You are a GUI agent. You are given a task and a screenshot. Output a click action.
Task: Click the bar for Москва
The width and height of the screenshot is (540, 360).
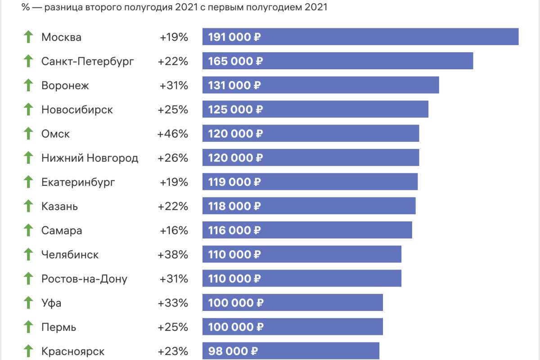(x=360, y=37)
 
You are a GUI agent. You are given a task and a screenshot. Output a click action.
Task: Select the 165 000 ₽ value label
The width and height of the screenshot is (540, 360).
(x=235, y=61)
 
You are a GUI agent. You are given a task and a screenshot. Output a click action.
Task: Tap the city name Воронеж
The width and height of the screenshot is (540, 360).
(x=65, y=85)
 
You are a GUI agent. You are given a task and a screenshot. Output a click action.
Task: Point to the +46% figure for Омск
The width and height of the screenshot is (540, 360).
(x=172, y=134)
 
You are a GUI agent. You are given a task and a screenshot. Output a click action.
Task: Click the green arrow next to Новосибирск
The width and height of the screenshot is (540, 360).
(x=28, y=109)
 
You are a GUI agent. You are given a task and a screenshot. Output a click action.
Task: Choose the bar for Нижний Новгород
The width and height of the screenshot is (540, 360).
(x=310, y=158)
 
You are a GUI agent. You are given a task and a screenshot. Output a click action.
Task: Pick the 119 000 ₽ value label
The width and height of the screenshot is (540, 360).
(x=234, y=182)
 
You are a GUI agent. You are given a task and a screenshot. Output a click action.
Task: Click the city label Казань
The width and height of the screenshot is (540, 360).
(x=59, y=207)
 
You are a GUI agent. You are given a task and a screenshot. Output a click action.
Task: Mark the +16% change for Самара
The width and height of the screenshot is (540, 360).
(x=173, y=231)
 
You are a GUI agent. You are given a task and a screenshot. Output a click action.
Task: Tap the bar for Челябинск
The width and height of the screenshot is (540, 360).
(x=301, y=255)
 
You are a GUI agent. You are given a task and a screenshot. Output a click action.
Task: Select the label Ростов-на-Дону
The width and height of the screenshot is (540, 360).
(x=84, y=279)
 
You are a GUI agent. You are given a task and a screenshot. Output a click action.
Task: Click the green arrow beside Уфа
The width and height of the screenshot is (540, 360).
(x=28, y=303)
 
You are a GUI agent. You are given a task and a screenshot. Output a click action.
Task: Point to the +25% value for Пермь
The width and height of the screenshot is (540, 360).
(x=173, y=327)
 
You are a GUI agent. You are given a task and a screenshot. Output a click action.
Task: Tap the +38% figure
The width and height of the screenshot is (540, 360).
(x=173, y=255)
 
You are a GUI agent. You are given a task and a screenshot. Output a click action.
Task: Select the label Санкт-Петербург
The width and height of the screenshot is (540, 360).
(x=87, y=61)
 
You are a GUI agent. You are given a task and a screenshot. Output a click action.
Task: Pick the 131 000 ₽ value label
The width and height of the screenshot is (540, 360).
(x=234, y=85)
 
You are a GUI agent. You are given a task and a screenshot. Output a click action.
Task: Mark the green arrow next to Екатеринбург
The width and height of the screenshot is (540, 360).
(x=28, y=182)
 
